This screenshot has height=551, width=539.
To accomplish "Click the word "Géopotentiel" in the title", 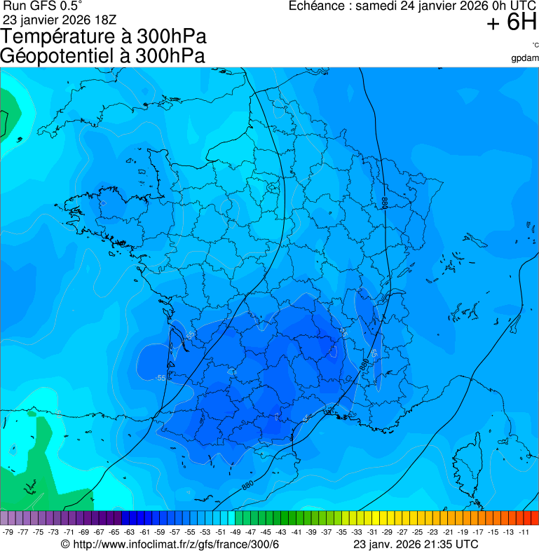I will click(53, 56).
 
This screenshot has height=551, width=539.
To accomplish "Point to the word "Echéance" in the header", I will click(320, 6).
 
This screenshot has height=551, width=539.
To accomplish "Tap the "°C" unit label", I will click(534, 46).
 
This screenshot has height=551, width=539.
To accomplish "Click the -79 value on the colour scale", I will click(8, 532).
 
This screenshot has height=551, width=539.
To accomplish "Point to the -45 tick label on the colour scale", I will click(266, 532).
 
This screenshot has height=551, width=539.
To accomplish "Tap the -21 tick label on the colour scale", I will click(449, 532).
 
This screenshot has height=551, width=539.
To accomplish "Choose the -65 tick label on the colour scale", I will click(115, 532).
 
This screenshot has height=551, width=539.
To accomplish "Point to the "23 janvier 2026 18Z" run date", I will click(60, 20).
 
